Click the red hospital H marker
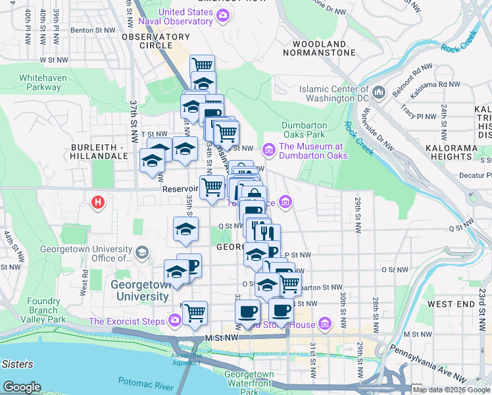click(x=99, y=201)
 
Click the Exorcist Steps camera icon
click(x=174, y=321)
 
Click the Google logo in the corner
click(x=21, y=387)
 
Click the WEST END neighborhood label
click(x=449, y=304)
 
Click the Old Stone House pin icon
click(x=324, y=324)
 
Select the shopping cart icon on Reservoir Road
click(x=212, y=187)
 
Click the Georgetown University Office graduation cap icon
click(x=141, y=253)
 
